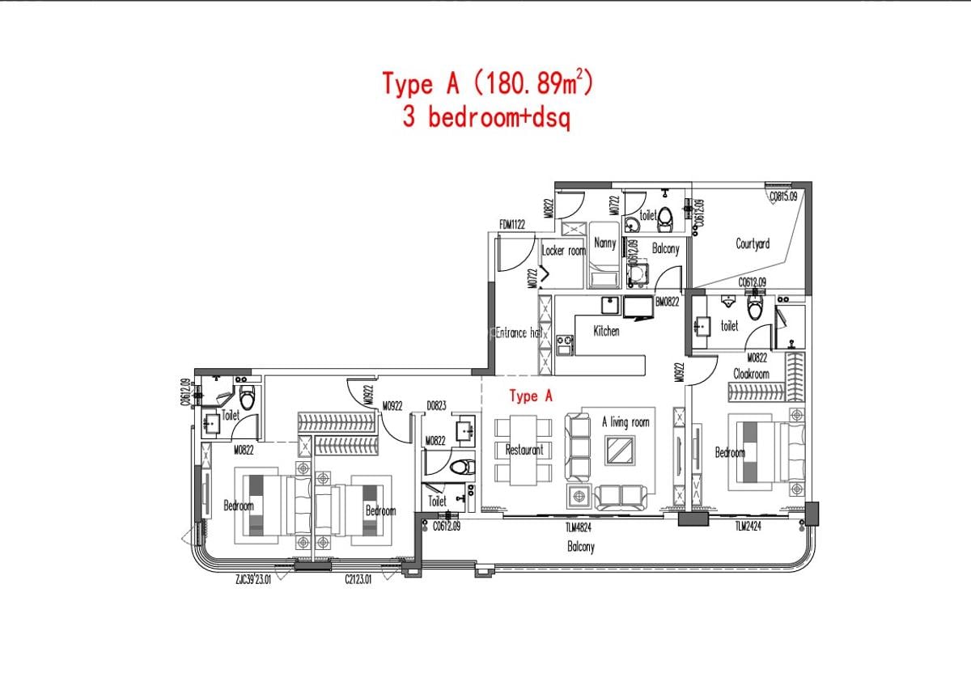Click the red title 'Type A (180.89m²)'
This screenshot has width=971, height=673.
[x=487, y=83]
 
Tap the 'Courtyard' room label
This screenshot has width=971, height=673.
[x=753, y=243]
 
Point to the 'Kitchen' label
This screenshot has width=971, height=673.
[x=606, y=331]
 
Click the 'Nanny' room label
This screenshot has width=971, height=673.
[x=604, y=243]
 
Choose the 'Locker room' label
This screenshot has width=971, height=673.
[x=563, y=251]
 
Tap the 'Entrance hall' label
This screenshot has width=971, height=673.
[x=518, y=332]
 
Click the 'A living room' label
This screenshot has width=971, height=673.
[x=625, y=421]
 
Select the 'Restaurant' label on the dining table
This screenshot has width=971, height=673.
[x=524, y=450]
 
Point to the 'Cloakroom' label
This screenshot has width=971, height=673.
[x=751, y=374]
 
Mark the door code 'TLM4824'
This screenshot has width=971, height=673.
[x=580, y=527]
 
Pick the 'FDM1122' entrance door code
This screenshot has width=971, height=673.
[x=513, y=225]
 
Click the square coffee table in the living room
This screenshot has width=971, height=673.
[x=621, y=450]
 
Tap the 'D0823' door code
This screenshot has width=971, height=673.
[x=437, y=407]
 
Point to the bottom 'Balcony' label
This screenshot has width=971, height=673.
[x=580, y=547]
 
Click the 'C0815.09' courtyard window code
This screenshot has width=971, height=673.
[x=783, y=196]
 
